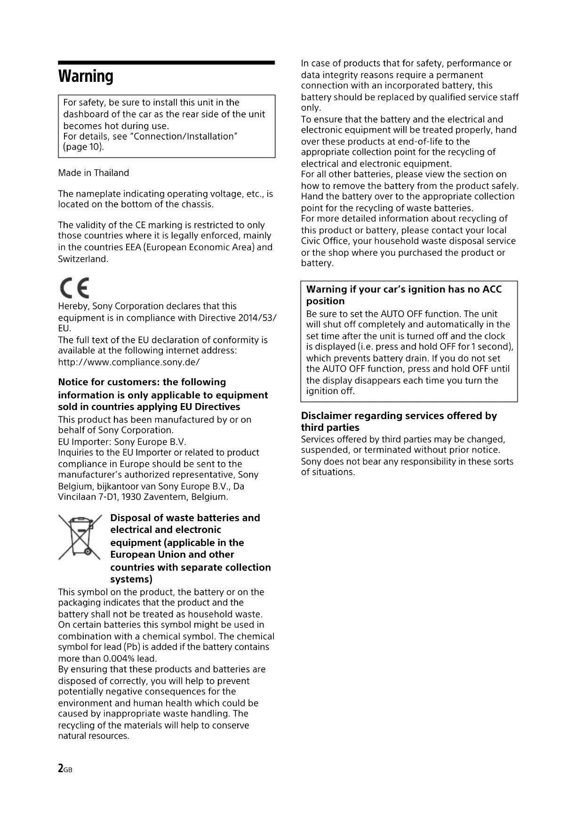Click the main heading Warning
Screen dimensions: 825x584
[86, 76]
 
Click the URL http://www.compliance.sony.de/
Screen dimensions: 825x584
[129, 362]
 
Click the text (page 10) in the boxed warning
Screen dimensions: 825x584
[83, 147]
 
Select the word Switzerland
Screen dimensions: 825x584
[83, 259]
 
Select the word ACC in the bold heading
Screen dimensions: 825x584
[492, 289]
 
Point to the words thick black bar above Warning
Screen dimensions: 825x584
[166, 63]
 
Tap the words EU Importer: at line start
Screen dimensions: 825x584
[85, 442]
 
